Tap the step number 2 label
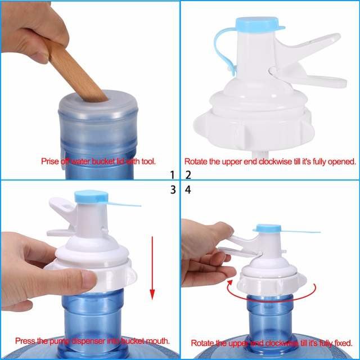[x=188, y=174]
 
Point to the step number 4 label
[x=188, y=190]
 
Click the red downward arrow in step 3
[x=152, y=270]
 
